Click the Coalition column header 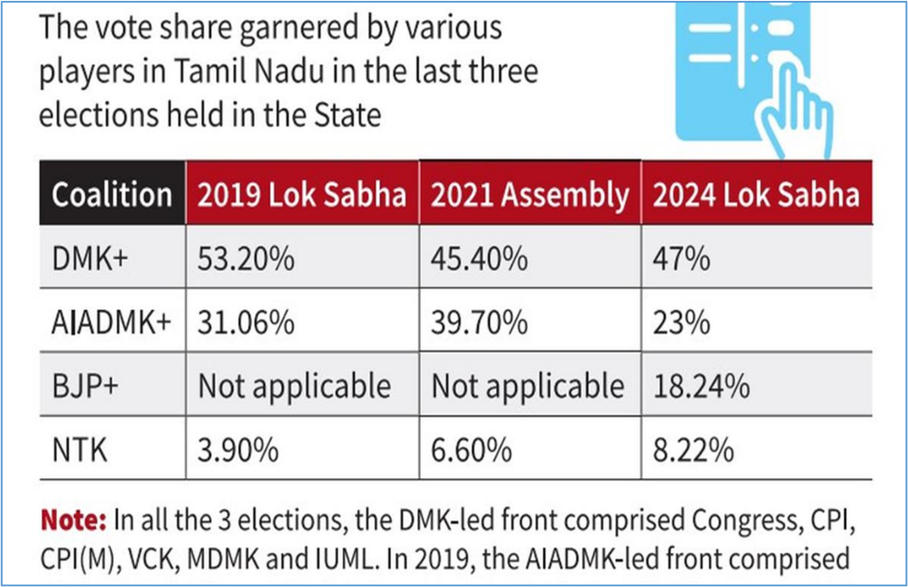[x=112, y=195]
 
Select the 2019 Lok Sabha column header [x=301, y=195]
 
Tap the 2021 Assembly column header [x=530, y=195]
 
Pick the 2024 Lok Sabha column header [x=756, y=195]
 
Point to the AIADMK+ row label [x=111, y=323]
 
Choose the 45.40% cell [x=480, y=259]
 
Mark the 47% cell [x=682, y=259]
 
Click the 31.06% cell [x=245, y=323]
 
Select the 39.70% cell [x=479, y=323]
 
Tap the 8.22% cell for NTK [x=694, y=450]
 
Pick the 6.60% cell [x=472, y=450]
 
